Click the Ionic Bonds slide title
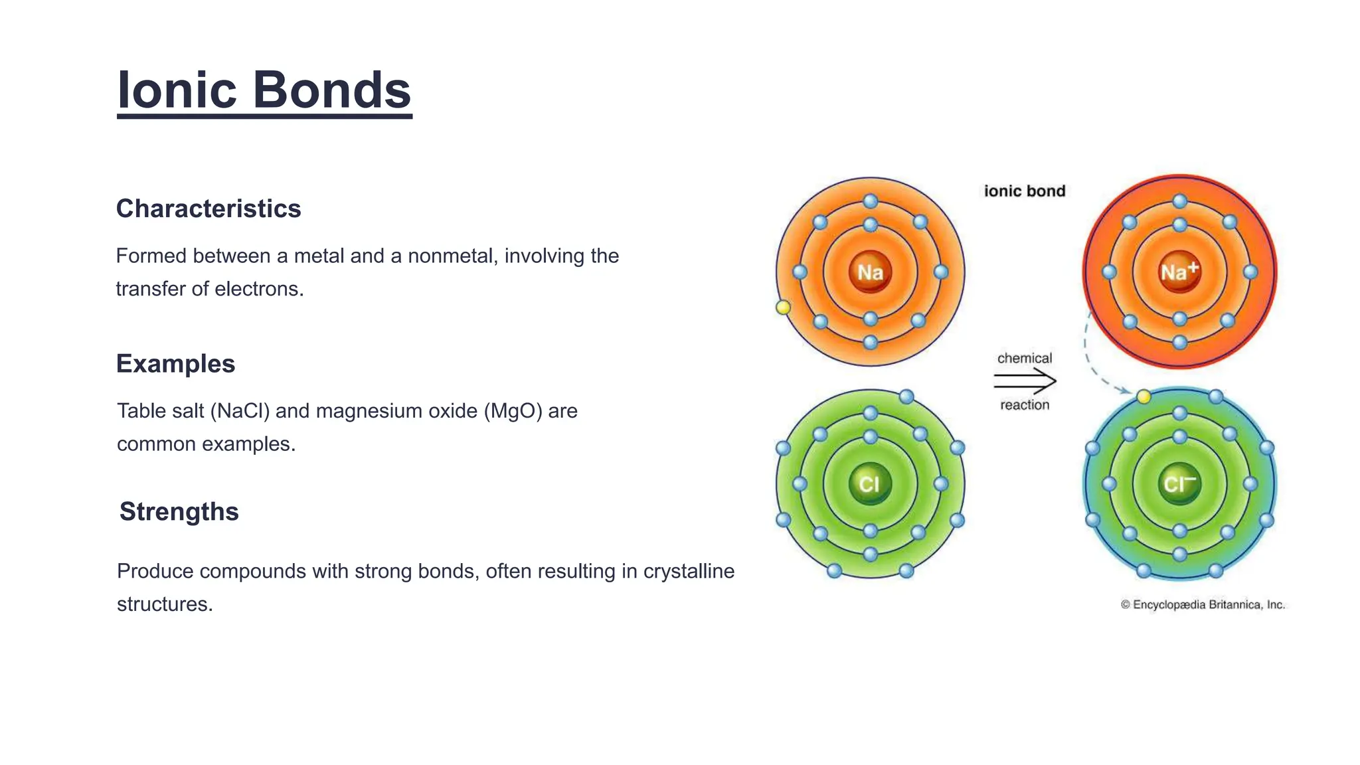pos(264,90)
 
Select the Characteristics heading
pos(209,209)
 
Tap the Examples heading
pos(175,364)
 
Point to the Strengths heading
pos(179,512)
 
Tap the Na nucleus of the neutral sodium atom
pos(870,272)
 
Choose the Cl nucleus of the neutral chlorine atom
pos(870,483)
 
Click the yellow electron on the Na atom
pos(784,307)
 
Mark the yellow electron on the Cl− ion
pos(1144,397)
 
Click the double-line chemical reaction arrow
pos(1025,381)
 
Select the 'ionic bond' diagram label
pos(1024,191)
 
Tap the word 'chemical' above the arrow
pos(1025,359)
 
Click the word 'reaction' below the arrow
pos(1025,405)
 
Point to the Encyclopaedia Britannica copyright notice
pos(1203,605)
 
